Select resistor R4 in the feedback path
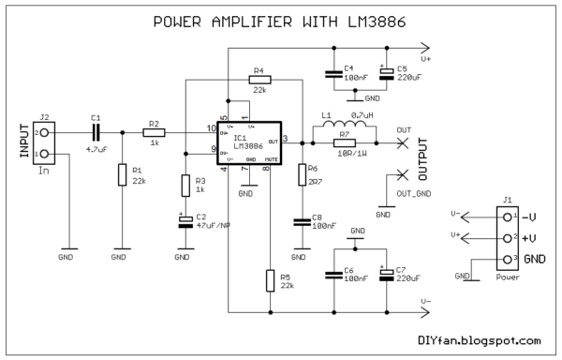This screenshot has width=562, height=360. tap(259, 81)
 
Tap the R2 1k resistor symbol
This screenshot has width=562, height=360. tap(154, 134)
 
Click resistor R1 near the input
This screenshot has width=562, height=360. tap(122, 174)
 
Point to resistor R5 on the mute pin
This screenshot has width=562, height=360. tap(270, 280)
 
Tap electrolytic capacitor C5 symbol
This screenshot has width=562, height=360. tap(385, 72)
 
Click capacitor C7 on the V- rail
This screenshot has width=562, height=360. tap(385, 275)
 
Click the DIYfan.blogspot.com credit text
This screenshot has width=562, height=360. tap(478, 342)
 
